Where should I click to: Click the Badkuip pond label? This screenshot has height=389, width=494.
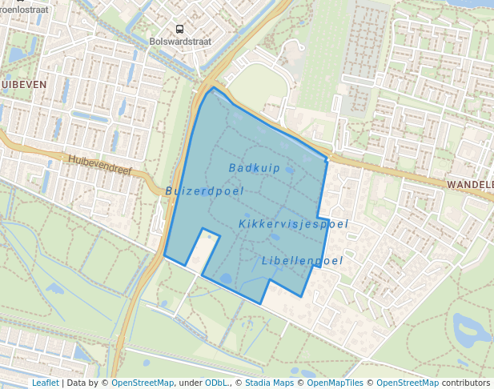tap(254, 168)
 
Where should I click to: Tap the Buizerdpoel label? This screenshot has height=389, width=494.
tap(204, 191)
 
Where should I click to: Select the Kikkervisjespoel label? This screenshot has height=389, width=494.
tap(293, 224)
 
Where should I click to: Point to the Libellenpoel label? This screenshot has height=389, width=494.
tap(302, 261)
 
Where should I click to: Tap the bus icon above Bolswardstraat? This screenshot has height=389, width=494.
tap(179, 28)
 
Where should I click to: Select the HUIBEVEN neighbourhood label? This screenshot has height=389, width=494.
tap(23, 84)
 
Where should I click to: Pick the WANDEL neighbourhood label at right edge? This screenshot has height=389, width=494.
tap(470, 184)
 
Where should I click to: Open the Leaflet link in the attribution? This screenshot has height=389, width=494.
tap(45, 383)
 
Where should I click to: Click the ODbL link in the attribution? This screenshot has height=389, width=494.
tap(215, 383)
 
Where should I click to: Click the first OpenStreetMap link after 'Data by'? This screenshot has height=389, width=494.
tap(143, 383)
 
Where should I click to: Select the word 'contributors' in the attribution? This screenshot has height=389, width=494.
tap(466, 383)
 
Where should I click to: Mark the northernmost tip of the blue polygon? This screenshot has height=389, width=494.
tap(213, 88)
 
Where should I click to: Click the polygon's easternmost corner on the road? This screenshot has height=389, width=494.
tap(329, 158)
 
